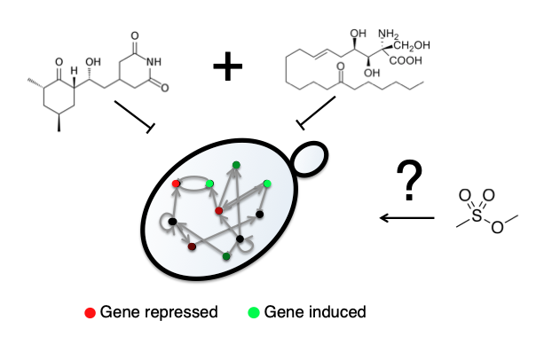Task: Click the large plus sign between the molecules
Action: point(227,67)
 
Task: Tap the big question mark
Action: point(409,180)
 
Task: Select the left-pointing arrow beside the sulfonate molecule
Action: point(407,218)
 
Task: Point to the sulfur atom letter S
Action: point(477,215)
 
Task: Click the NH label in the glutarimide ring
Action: point(154,62)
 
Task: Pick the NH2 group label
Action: point(389,35)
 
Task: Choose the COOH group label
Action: point(406,61)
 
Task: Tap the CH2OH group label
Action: point(412,45)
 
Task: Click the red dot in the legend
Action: point(90,313)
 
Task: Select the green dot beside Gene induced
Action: point(254,312)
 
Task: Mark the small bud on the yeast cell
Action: point(311,159)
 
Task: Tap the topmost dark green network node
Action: point(236,165)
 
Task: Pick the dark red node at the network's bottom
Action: point(192,247)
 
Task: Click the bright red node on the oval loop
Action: point(176,184)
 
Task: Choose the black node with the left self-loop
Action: point(172,222)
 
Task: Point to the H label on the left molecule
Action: point(74,71)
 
